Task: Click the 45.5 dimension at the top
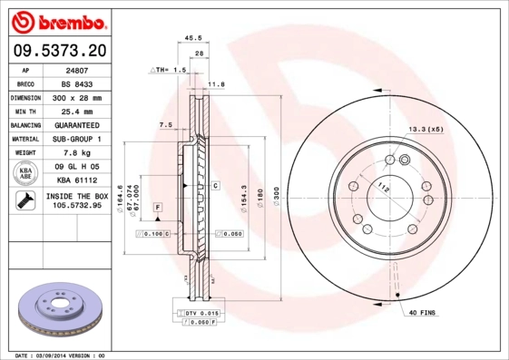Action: [x=192, y=38]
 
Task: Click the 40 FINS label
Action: [x=423, y=313]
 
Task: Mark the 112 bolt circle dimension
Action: [x=384, y=190]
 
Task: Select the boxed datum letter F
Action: [x=158, y=209]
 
